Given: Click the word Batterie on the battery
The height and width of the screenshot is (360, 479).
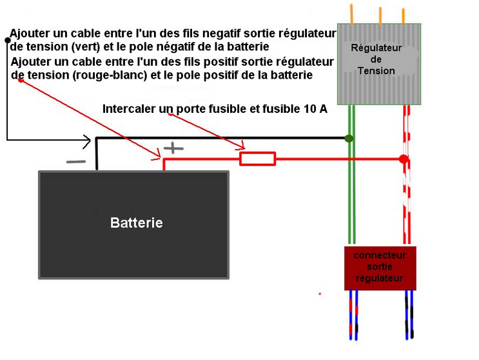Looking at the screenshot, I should (136, 223).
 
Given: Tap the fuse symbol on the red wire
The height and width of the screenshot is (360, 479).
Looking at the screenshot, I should (257, 159).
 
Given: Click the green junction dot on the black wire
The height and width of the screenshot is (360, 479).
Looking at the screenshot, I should (349, 138).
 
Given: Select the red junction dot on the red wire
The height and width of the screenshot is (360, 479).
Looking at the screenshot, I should (404, 159).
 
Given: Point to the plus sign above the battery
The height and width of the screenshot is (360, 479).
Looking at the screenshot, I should (173, 148).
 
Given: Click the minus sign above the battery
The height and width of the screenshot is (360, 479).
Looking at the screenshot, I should (76, 162).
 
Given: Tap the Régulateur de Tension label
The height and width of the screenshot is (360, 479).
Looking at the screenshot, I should (376, 59).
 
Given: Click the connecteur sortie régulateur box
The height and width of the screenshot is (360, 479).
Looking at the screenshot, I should (380, 267).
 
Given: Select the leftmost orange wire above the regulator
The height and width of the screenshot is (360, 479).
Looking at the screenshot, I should (351, 13).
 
